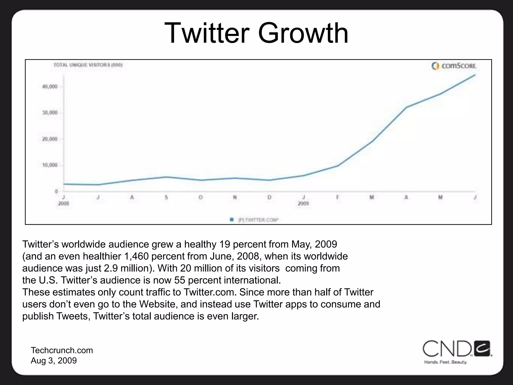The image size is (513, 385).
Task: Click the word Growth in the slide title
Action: pyautogui.click(x=303, y=33)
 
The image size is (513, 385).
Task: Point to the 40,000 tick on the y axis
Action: pyautogui.click(x=50, y=87)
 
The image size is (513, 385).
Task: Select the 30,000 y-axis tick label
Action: pyautogui.click(x=50, y=113)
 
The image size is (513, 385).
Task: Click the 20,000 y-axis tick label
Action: pyautogui.click(x=50, y=139)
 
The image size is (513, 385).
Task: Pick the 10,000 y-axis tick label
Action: pyautogui.click(x=50, y=165)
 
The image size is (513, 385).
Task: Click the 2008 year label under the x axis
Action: pyautogui.click(x=63, y=204)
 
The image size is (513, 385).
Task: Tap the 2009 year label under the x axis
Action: pyautogui.click(x=303, y=204)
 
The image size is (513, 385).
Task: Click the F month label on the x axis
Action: pyautogui.click(x=338, y=198)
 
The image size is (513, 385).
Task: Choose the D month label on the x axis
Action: pyautogui.click(x=269, y=198)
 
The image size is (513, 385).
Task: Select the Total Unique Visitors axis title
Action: pyautogui.click(x=88, y=65)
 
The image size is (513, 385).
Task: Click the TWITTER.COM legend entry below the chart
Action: pyautogui.click(x=258, y=220)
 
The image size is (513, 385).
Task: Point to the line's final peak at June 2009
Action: pyautogui.click(x=475, y=75)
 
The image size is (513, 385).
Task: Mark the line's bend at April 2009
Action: pyautogui.click(x=406, y=107)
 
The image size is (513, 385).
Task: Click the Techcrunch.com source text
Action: pyautogui.click(x=62, y=350)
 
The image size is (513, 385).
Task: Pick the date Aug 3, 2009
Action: pyautogui.click(x=54, y=361)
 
